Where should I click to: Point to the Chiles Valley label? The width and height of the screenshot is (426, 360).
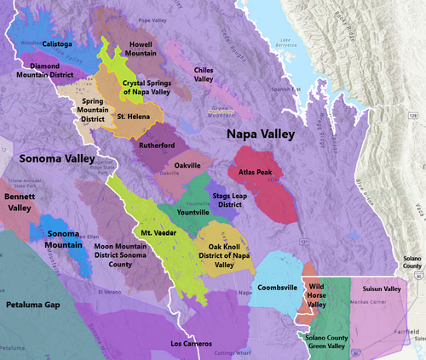click(203, 73)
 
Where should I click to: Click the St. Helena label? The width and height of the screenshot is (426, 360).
click(134, 116)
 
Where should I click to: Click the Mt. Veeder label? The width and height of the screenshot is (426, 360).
click(153, 232)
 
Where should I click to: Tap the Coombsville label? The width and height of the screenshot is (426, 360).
click(277, 288)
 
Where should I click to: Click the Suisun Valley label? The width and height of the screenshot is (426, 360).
click(381, 290)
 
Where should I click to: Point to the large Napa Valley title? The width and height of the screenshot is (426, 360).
click(260, 134)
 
